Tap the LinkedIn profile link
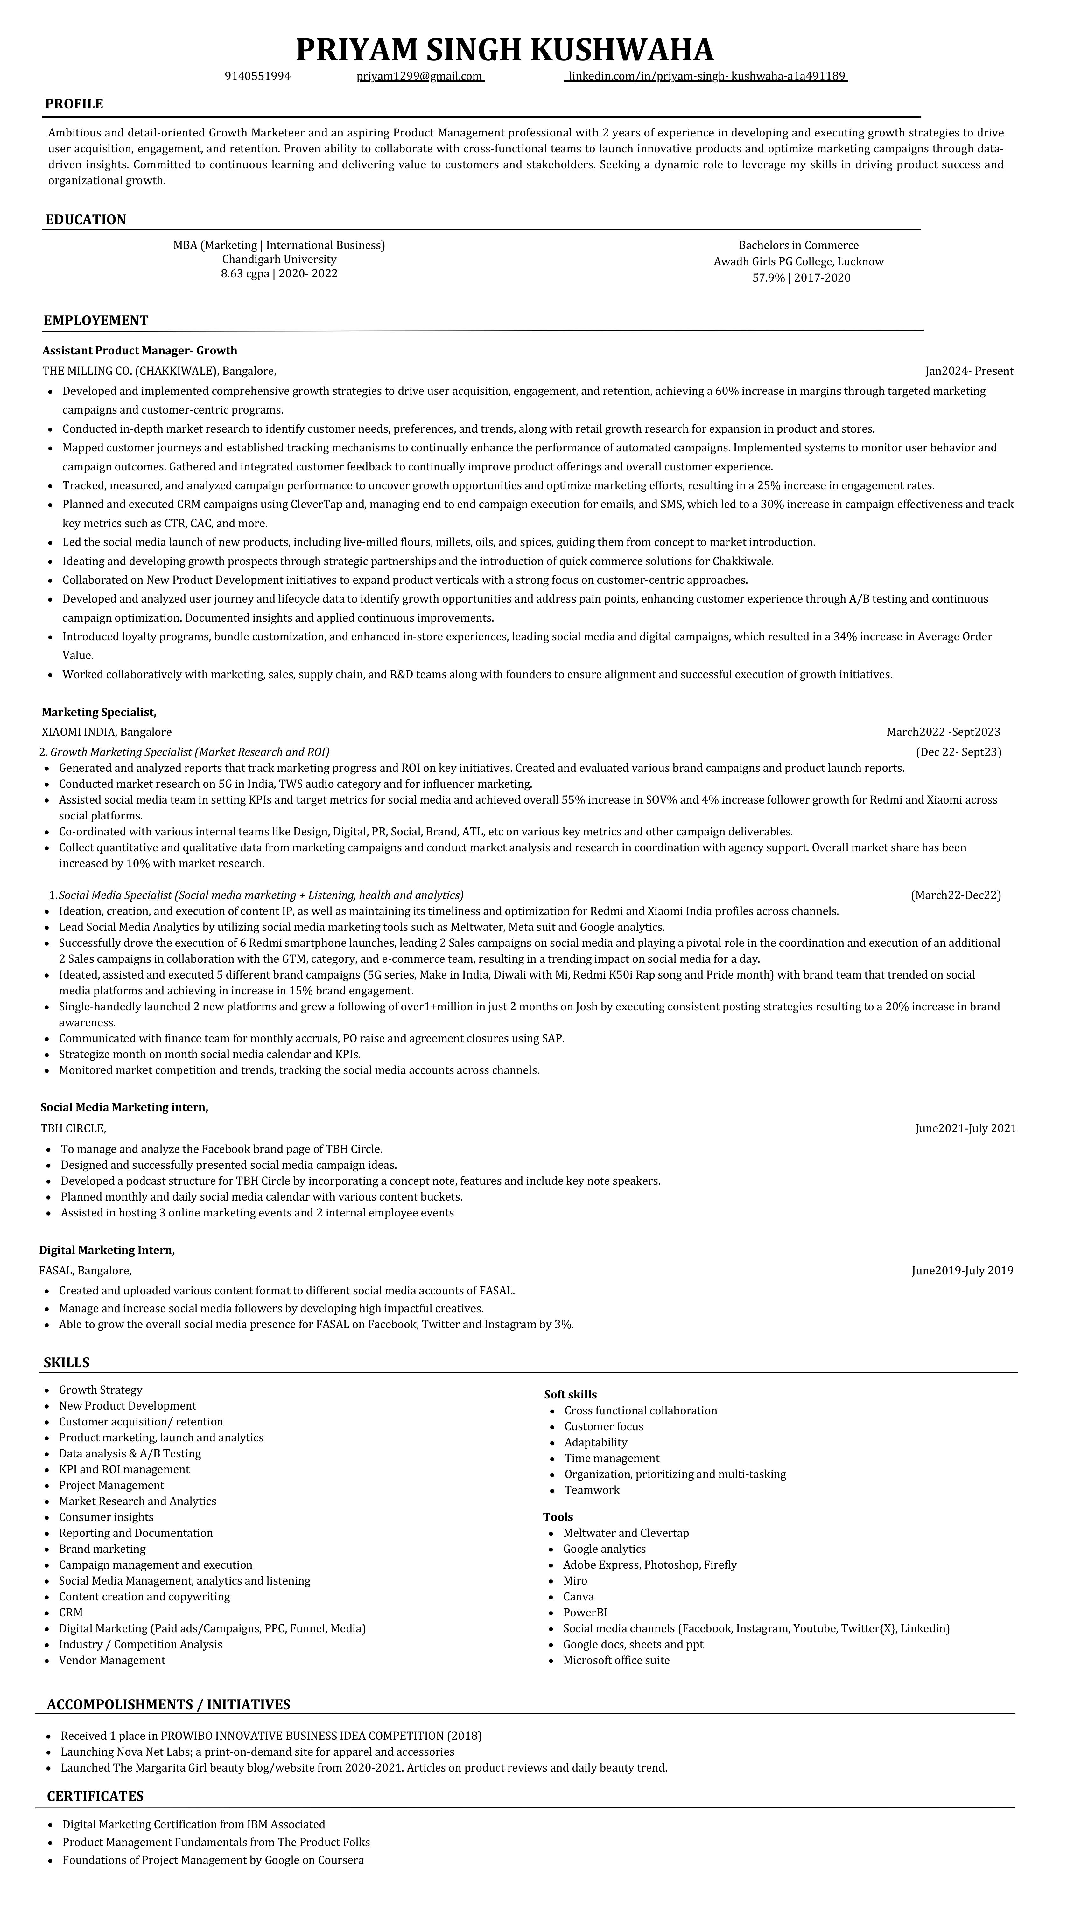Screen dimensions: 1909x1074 click(x=706, y=76)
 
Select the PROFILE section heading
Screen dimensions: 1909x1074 click(x=74, y=104)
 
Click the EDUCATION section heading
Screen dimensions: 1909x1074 click(x=86, y=219)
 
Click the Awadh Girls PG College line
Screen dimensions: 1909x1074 click(x=798, y=261)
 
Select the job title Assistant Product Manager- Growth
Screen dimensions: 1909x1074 click(x=140, y=351)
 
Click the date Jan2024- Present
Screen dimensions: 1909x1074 click(x=969, y=371)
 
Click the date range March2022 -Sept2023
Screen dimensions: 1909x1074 click(x=943, y=732)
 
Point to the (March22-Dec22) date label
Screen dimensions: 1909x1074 click(x=955, y=895)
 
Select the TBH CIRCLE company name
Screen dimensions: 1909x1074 click(x=74, y=1129)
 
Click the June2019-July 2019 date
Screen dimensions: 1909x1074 click(x=962, y=1271)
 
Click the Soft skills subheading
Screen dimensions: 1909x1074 click(x=570, y=1395)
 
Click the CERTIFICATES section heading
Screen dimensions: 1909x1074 click(x=95, y=1796)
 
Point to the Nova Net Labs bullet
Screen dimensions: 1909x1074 click(x=257, y=1752)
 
